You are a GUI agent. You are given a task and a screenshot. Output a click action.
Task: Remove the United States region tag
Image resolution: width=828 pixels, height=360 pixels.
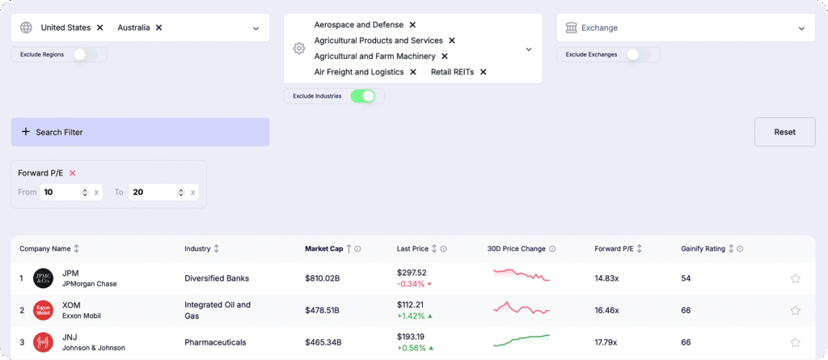tap(99, 28)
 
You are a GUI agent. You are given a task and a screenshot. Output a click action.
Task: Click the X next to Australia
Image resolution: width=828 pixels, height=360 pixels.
tap(158, 28)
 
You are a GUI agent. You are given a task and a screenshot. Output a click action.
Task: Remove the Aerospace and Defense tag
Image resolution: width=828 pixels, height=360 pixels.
tap(412, 25)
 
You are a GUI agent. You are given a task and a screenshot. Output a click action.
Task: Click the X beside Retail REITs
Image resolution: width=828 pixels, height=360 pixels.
tap(483, 72)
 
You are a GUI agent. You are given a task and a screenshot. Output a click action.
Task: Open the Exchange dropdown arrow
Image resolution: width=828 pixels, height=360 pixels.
tap(801, 28)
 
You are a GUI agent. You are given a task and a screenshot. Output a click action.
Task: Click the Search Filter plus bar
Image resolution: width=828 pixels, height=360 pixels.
tap(140, 132)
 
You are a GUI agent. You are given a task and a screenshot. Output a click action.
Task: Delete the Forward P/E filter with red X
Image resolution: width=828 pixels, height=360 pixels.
tap(72, 173)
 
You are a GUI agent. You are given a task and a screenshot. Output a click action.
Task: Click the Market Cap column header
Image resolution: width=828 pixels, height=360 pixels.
tap(323, 249)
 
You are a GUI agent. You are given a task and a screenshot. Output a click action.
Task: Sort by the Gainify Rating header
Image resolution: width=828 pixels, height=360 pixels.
tap(703, 249)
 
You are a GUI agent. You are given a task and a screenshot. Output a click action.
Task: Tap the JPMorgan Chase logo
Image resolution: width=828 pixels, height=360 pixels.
tap(43, 278)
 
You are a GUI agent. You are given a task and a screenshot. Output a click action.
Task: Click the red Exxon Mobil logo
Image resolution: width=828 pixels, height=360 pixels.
tap(43, 310)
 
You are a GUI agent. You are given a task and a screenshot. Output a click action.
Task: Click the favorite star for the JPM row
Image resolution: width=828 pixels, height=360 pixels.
tap(795, 278)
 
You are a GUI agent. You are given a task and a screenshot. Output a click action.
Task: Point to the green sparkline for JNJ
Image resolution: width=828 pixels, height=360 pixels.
tap(522, 340)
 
